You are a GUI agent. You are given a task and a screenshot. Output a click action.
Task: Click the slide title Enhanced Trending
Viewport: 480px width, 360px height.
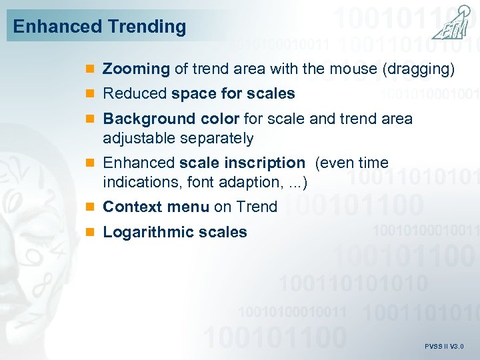coord(99,27)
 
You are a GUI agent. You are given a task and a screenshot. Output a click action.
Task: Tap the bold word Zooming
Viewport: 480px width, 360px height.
coord(136,69)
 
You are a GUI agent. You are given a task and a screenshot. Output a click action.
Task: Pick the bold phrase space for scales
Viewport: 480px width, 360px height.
coord(233,94)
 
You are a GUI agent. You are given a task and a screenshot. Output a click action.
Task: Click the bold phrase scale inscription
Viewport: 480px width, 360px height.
coord(241,163)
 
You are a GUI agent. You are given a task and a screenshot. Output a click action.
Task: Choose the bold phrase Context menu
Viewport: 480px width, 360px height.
coord(156,207)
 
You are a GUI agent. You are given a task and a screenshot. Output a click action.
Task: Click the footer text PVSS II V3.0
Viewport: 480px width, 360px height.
coord(443,347)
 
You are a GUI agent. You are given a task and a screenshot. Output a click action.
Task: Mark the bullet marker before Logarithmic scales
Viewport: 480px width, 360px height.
coord(91,233)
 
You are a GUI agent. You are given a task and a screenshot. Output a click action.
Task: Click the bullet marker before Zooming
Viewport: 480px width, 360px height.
coord(91,69)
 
